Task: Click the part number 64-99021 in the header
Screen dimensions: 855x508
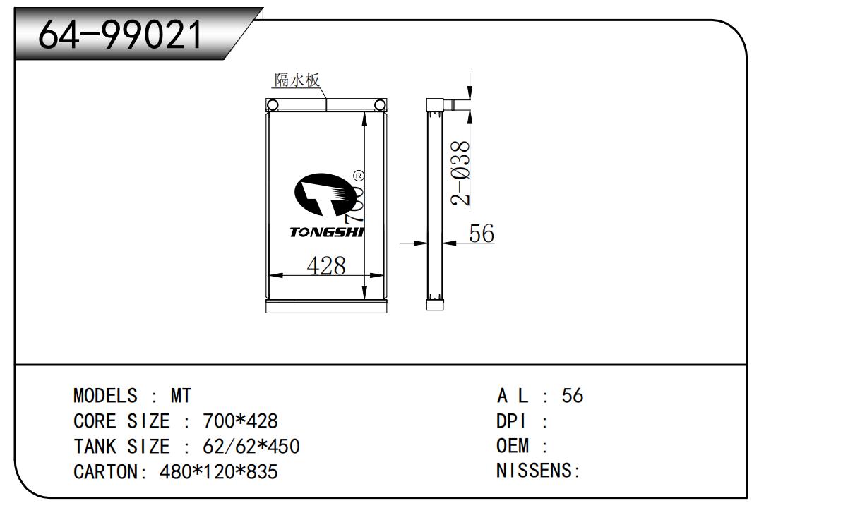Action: pyautogui.click(x=120, y=35)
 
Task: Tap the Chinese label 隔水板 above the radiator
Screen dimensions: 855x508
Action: pyautogui.click(x=297, y=80)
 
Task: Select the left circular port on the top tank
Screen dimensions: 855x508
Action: pyautogui.click(x=273, y=105)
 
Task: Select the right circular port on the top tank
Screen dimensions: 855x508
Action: pyautogui.click(x=380, y=105)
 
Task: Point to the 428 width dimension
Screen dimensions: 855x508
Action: pyautogui.click(x=326, y=265)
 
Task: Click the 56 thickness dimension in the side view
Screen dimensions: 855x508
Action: pyautogui.click(x=482, y=233)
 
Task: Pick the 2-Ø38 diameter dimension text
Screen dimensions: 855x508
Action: pyautogui.click(x=460, y=174)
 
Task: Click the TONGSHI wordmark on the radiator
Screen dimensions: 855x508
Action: pyautogui.click(x=327, y=232)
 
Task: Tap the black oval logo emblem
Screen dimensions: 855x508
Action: pyautogui.click(x=325, y=195)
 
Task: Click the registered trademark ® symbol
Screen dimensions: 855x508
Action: pyautogui.click(x=359, y=176)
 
